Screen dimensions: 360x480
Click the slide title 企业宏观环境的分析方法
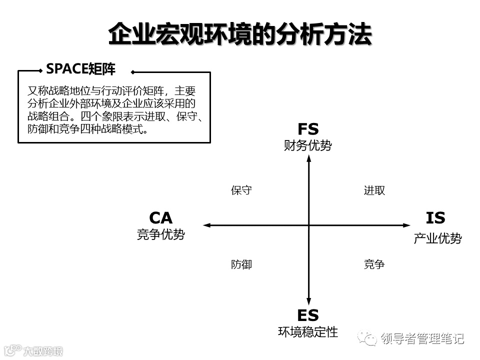240,34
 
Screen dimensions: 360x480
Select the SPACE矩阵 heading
80,69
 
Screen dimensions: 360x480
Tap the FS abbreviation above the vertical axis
308,129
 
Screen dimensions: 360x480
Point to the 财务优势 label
308,145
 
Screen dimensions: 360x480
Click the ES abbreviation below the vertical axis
308,315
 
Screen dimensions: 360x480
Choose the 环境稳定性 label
308,331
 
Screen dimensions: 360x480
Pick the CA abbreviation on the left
161,218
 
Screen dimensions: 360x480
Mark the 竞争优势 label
161,234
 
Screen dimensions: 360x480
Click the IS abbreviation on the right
435,218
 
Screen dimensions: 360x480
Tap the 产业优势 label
437,238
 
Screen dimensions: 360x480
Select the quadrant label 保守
241,190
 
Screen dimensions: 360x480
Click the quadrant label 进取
374,190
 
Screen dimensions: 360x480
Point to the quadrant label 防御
241,264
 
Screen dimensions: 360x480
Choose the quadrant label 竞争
374,264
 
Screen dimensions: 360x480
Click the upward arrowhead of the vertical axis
309,158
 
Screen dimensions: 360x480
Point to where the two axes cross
309,225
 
